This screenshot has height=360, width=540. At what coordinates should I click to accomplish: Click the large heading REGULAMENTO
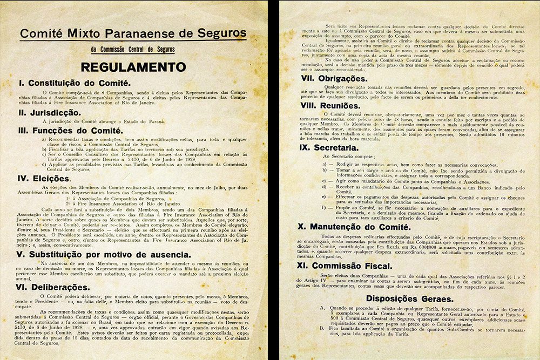pyautogui.click(x=133, y=67)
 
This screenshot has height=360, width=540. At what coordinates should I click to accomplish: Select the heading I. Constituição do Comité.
pyautogui.click(x=74, y=83)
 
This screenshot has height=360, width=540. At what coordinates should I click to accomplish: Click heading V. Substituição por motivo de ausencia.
pyautogui.click(x=103, y=254)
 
